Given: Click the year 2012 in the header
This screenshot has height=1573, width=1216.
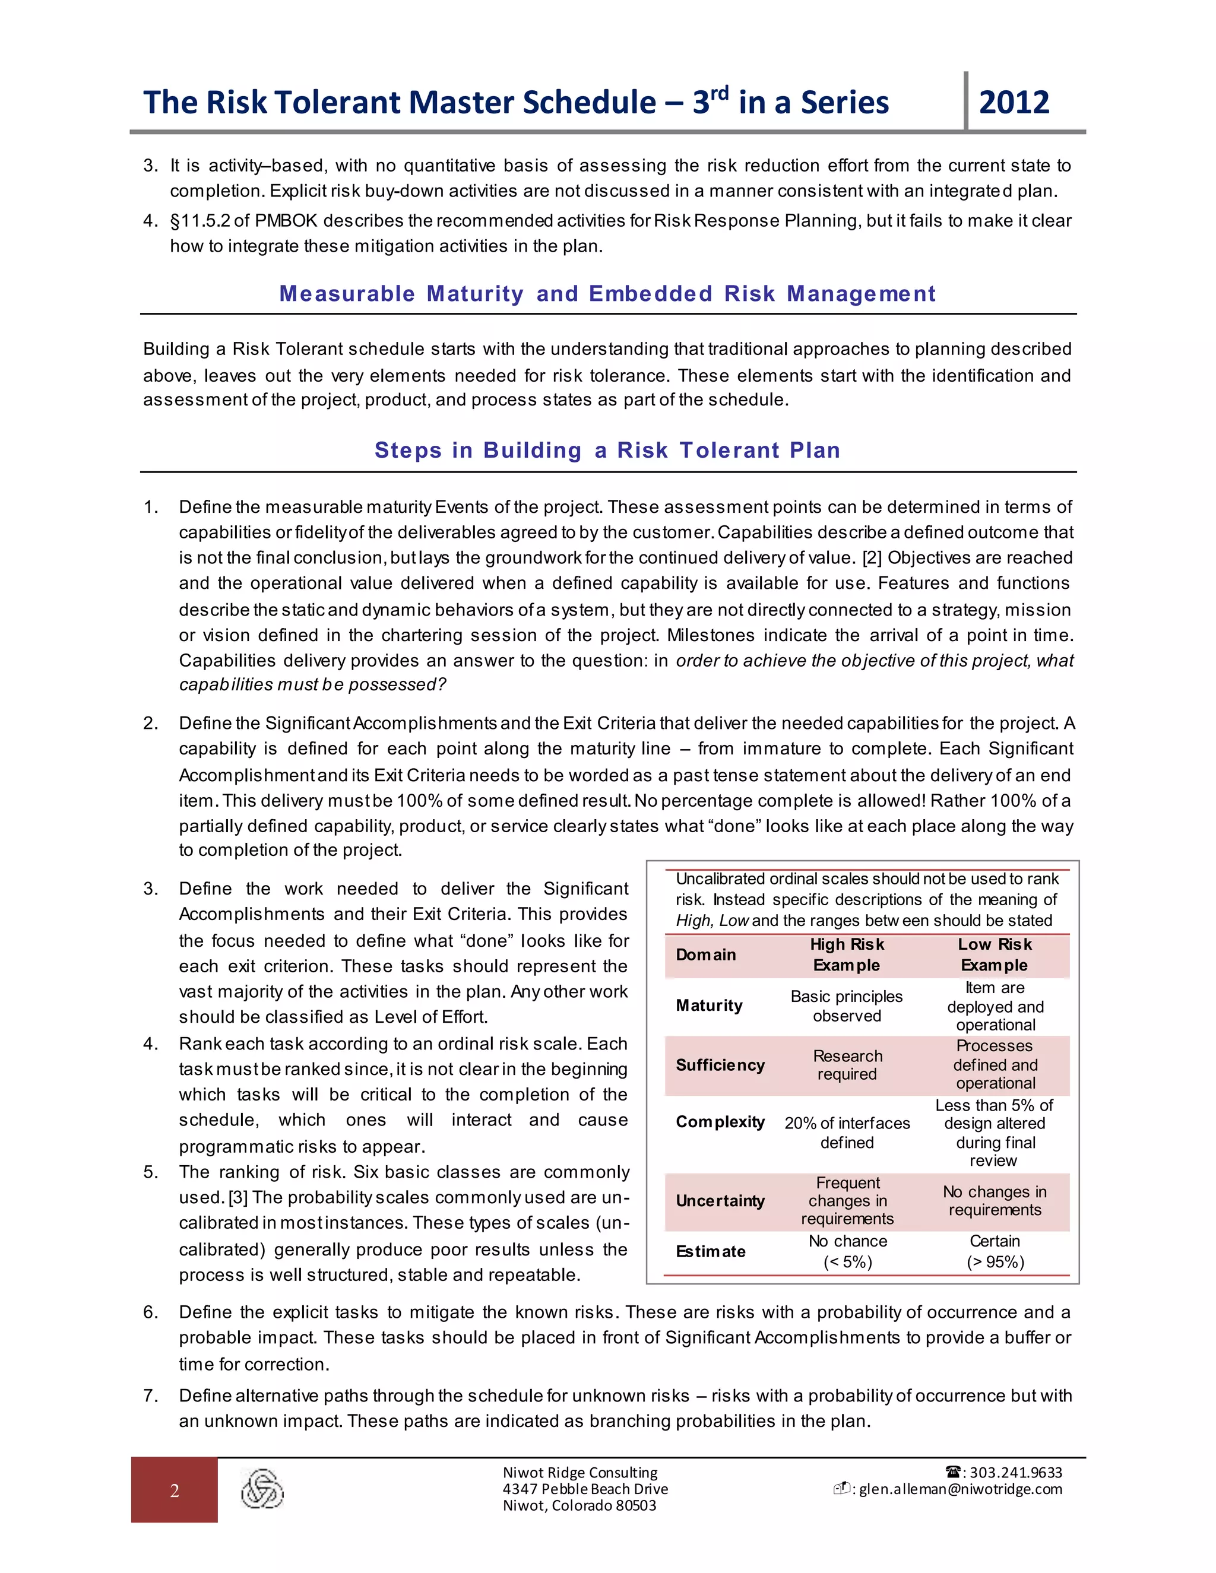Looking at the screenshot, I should tap(1014, 102).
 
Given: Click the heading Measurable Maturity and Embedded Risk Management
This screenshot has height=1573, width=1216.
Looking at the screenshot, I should tap(607, 293).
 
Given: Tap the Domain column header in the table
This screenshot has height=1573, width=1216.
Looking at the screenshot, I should tap(705, 955).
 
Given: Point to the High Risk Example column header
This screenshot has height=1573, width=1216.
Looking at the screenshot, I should tap(847, 955).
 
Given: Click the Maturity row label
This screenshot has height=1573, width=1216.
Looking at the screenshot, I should tap(709, 1006).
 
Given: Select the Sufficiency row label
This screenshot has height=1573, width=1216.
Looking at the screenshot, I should tap(720, 1065).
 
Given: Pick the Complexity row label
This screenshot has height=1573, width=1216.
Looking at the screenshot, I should tap(720, 1122).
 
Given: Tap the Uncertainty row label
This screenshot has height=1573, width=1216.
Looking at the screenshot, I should tap(720, 1201).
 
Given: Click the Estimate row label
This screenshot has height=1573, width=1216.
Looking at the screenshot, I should tap(710, 1252).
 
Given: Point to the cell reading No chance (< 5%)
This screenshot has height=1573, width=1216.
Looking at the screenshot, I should tap(847, 1252).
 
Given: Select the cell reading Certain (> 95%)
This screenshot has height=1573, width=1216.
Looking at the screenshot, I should tap(995, 1252).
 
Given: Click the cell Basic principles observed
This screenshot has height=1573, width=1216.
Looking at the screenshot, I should tap(847, 1006).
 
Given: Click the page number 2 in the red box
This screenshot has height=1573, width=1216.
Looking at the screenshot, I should tap(175, 1491).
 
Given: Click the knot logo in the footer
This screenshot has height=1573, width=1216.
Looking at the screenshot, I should tap(262, 1489).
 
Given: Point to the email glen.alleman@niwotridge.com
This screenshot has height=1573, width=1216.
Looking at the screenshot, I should tap(960, 1489).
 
